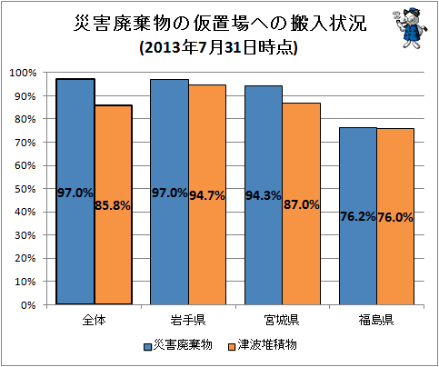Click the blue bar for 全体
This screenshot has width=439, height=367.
coord(75,192)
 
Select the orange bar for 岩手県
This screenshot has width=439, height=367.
coord(207,194)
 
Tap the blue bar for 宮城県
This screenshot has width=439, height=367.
coord(264,195)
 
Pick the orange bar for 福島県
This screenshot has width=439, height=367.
coord(395,216)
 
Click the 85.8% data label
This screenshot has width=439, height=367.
coord(113,205)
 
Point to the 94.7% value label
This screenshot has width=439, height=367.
coord(207,195)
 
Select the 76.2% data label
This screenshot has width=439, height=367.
coord(358,216)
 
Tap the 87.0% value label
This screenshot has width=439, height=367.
coord(302,204)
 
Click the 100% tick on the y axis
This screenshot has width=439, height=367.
coord(24,73)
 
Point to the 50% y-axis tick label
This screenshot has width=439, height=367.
coord(25,189)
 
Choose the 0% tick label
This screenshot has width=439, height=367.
coord(28,305)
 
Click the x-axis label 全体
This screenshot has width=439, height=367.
coord(95,320)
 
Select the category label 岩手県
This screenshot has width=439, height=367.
coord(188,320)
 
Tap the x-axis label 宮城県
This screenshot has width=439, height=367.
coord(282,320)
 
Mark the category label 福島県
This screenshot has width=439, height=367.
coord(376,320)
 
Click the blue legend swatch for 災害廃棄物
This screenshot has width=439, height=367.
coord(147,346)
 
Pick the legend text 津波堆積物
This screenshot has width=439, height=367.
coord(267,345)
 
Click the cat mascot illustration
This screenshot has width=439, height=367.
coord(410,28)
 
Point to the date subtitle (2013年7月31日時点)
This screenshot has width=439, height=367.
coord(218,47)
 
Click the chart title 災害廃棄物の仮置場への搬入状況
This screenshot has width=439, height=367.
coord(220,24)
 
